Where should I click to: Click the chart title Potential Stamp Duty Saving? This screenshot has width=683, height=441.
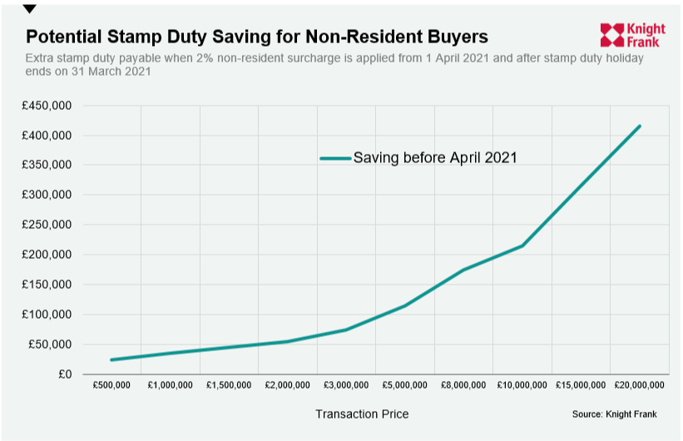(x=256, y=37)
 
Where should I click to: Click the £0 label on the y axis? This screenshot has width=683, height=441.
(x=64, y=374)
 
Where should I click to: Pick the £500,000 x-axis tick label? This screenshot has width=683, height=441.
(x=111, y=385)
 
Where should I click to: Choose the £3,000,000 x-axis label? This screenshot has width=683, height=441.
(x=347, y=385)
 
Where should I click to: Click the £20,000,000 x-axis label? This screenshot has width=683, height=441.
(x=640, y=385)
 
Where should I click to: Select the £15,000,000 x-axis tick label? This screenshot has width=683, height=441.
(x=581, y=385)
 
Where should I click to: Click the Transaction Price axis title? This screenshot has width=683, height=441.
(x=362, y=414)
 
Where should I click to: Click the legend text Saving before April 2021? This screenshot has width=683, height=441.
(x=435, y=157)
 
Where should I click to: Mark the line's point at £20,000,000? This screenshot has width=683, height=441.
(x=640, y=126)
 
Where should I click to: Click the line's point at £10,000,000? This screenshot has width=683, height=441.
(x=522, y=245)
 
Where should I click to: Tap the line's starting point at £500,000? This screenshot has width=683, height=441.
(x=111, y=360)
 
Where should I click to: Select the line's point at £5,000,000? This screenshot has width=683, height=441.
(x=405, y=305)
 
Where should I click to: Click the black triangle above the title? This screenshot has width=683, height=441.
(x=30, y=9)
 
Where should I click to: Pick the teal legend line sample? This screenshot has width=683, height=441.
(x=335, y=157)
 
